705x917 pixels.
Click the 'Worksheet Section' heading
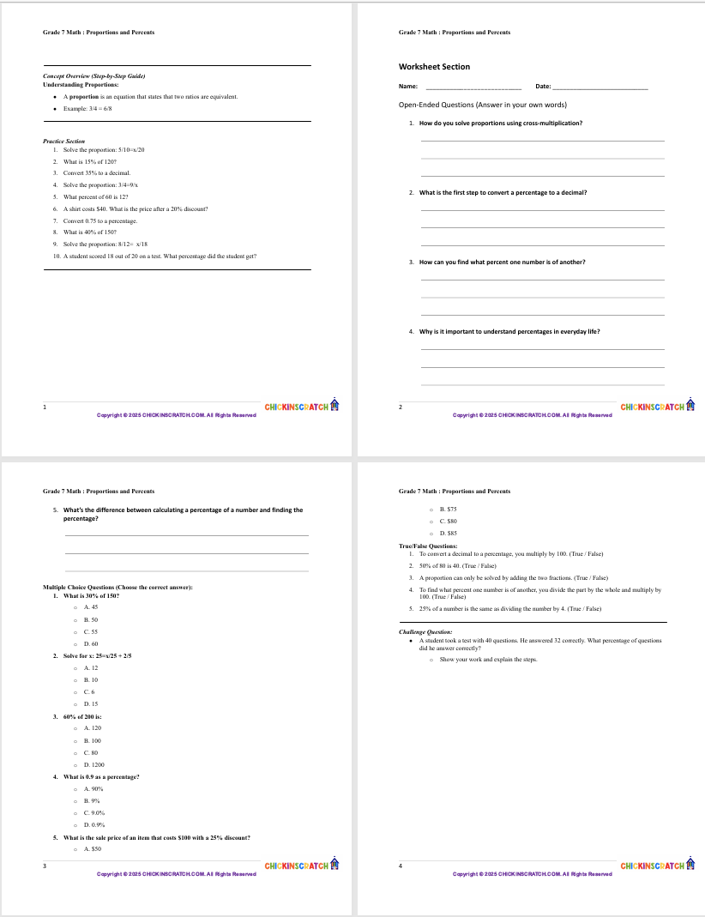pos(434,67)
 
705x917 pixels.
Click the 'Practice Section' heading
pos(63,141)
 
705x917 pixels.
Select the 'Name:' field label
pos(408,87)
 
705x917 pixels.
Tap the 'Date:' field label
pos(543,87)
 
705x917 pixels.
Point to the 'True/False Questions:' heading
pos(428,546)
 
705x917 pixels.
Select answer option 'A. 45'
pos(91,606)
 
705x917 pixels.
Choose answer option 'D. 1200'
pos(93,763)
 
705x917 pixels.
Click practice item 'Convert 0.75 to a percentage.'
pos(99,220)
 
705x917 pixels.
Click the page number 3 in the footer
pos(45,866)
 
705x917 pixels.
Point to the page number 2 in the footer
pos(401,407)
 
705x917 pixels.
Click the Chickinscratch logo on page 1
pos(302,406)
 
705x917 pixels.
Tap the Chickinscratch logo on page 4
pos(657,866)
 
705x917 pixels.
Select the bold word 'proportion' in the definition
pos(85,97)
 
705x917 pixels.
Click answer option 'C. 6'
pos(88,691)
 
